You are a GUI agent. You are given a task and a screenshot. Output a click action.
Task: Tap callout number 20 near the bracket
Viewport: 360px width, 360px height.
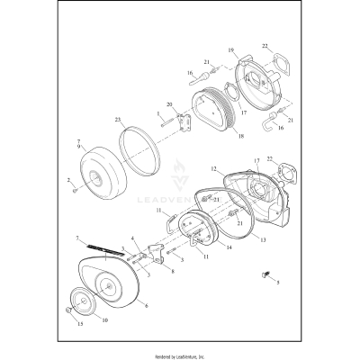(x=169, y=105)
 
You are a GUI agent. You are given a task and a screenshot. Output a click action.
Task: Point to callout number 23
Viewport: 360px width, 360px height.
(x=118, y=119)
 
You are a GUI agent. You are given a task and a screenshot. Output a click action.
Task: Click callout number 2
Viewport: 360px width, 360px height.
(x=67, y=182)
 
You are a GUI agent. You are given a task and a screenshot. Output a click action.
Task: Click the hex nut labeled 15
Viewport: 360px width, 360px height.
(x=69, y=311)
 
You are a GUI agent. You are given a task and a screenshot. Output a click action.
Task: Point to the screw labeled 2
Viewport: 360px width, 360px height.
(x=77, y=189)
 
